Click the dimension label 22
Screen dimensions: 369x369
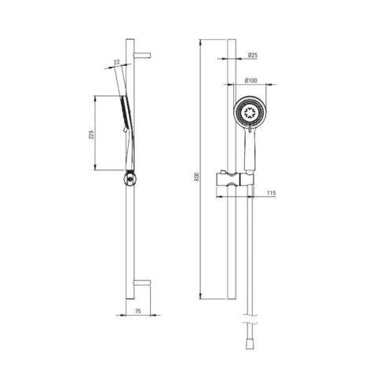117,62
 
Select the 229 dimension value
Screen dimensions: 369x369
91,135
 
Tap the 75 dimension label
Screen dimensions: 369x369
138,311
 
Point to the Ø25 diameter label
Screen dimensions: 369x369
253,55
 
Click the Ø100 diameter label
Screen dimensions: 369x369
251,81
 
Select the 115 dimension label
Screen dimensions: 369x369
272,193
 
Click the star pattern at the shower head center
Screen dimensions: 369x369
250,112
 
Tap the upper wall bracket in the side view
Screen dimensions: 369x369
142,55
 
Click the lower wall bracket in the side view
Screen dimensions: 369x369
142,283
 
